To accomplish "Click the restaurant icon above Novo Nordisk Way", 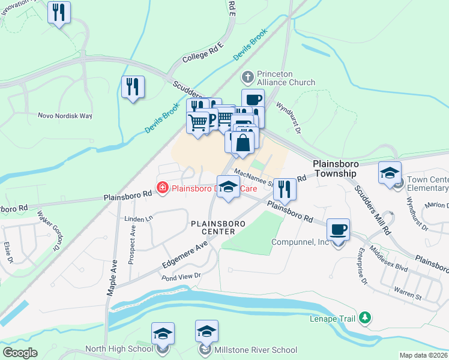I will [133, 86].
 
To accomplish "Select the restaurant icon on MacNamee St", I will [285, 189].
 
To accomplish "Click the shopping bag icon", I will [244, 143].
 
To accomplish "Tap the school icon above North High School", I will [162, 333].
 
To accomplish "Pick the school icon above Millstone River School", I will [206, 331].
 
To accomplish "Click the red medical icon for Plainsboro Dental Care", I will [162, 188].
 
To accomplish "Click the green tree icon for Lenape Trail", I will [364, 317].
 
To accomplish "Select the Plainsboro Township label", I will [335, 168].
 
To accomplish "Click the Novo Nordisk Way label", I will [65, 115].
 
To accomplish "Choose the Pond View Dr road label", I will [180, 277].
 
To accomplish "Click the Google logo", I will [20, 352].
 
